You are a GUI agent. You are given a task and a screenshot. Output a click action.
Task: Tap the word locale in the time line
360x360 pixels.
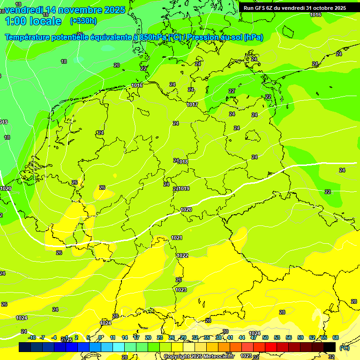[x=45, y=21]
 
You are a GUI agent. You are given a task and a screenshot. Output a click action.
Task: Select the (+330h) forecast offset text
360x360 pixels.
[x=83, y=21]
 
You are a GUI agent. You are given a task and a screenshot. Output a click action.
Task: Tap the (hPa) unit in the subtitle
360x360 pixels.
[x=254, y=37]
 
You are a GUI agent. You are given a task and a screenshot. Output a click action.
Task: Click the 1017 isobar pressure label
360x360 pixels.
[x=192, y=105]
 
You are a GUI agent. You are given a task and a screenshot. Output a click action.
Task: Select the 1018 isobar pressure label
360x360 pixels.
[x=183, y=162]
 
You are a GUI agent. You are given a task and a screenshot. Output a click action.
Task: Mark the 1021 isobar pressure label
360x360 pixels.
[x=177, y=238]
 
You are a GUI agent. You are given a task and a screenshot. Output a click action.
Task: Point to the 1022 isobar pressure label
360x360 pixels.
[x=182, y=255]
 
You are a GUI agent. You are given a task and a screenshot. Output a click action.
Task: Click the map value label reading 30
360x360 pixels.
[x=225, y=331]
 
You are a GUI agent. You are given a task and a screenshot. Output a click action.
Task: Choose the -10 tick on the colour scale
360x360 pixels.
[x=32, y=337]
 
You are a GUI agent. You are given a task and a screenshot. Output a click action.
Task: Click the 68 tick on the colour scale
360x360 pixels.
[x=336, y=337]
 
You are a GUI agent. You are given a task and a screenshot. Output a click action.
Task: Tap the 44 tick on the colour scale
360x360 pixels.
[x=242, y=337]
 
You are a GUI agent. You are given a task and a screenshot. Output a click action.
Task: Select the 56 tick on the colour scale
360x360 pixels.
[x=289, y=337]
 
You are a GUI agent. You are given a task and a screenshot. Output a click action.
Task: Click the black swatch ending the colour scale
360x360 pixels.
[x=330, y=347]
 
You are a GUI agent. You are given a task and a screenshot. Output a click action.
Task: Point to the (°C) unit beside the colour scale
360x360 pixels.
[x=345, y=347]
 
